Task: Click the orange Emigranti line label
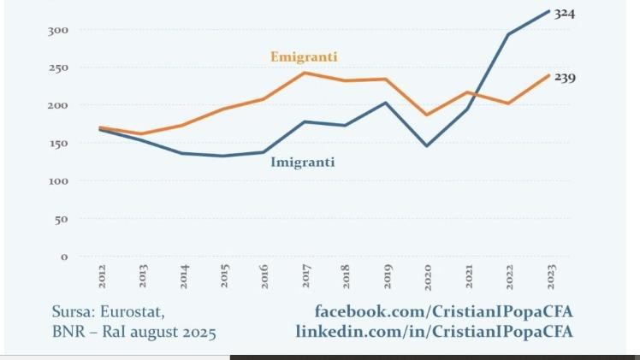click(304, 57)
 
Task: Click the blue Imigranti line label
click(302, 162)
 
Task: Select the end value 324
click(564, 14)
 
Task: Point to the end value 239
click(564, 78)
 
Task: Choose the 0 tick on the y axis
click(64, 257)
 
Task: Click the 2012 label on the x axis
click(102, 275)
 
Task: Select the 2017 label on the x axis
click(306, 275)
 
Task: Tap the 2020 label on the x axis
click(429, 275)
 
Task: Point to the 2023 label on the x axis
click(551, 275)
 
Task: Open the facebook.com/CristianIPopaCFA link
click(443, 311)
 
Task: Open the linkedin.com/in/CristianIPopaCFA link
click(434, 331)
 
